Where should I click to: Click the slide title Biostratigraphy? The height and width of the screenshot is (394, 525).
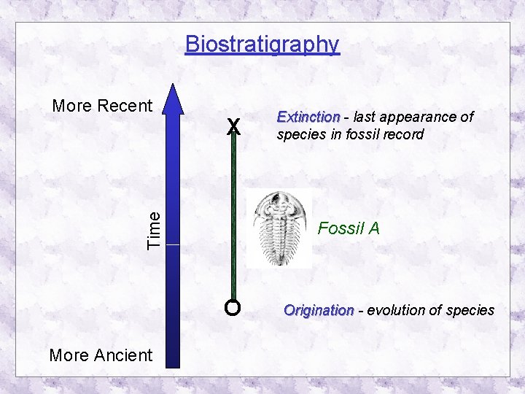point(262,45)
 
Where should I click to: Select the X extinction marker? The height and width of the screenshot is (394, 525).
point(233,127)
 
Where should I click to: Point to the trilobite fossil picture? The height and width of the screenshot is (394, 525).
point(279,228)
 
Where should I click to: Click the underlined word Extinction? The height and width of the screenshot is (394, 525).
point(308,117)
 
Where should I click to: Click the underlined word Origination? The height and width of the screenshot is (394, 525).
point(318,310)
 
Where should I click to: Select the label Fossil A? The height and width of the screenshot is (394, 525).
point(349,228)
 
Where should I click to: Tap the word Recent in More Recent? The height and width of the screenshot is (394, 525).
point(125,106)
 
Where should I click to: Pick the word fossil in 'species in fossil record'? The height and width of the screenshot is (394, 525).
point(354,134)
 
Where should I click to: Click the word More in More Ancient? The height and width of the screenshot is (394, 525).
point(70,355)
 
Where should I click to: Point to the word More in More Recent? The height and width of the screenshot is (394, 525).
point(73,106)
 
